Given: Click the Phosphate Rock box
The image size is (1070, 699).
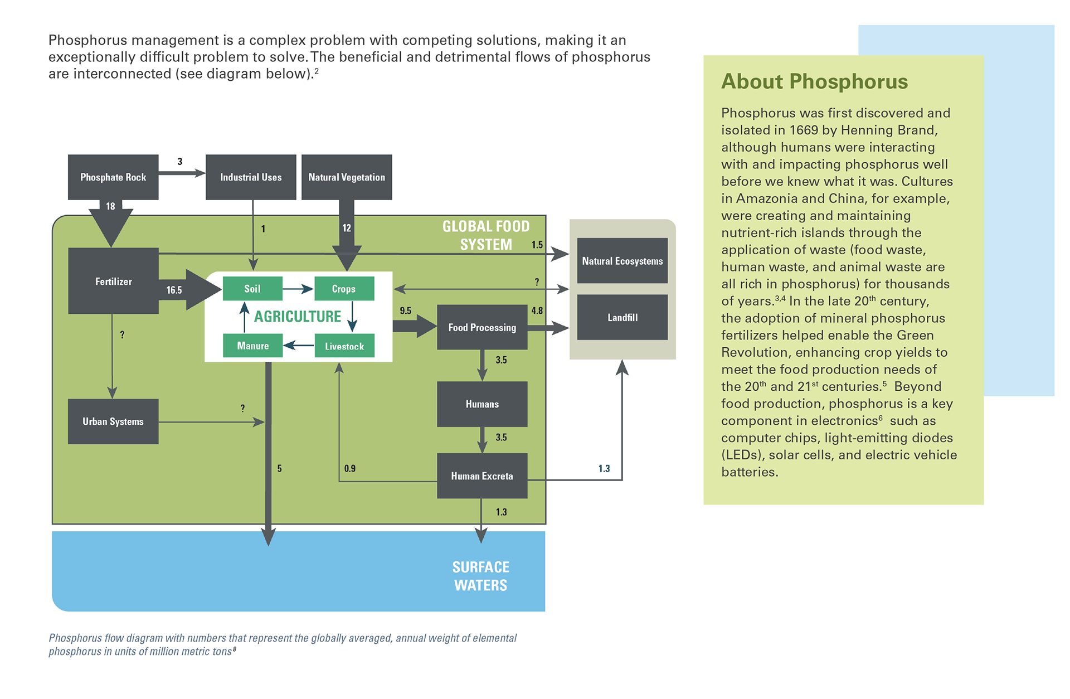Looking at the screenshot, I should pos(113,177).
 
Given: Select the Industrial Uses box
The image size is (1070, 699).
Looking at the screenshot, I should pos(251,177).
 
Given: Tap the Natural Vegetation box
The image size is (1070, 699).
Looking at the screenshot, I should pos(347,177).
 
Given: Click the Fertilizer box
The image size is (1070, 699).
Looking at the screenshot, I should pos(113,281).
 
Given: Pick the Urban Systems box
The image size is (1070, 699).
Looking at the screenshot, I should pos(113,421).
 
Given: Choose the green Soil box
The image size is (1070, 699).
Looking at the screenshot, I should pos(252,289).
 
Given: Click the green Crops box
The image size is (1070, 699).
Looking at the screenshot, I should pos(344,289).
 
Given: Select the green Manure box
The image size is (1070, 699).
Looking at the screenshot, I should pos(252,346).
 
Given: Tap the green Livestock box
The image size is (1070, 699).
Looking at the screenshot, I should pos(344,346).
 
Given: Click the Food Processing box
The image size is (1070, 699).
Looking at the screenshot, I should pos(482,327).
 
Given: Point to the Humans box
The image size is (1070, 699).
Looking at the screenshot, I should pos(482,404).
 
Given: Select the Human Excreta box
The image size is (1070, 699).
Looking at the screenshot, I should pos(482,476).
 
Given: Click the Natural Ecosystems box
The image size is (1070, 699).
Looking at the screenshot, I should pos(622,261).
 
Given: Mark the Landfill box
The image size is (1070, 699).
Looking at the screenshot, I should pos(622,317).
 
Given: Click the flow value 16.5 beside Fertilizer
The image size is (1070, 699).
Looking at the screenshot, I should pos(174,290).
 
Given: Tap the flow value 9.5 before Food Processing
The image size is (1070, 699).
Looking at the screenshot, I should pos(405,310).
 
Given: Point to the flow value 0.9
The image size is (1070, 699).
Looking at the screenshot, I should pos(349,468).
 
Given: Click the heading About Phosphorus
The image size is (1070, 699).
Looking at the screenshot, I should pos(814,81).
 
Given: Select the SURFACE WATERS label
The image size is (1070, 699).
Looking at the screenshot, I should pos(480,576).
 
